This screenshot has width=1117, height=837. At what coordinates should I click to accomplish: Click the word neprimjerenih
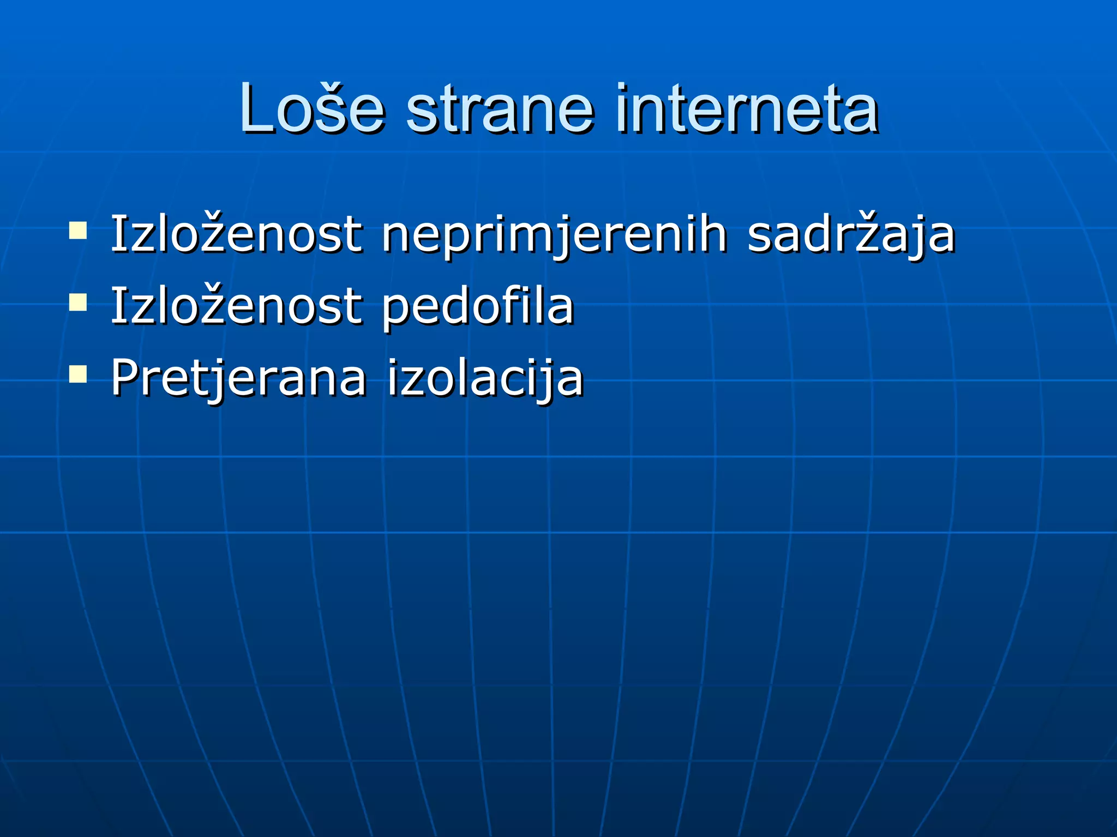[x=554, y=235]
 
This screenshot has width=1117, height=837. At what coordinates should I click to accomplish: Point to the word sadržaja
[x=851, y=235]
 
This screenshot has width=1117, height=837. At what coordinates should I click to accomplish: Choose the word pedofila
[x=478, y=306]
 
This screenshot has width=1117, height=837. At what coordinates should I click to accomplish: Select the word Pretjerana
[x=238, y=378]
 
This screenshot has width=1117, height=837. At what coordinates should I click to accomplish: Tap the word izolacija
[x=485, y=378]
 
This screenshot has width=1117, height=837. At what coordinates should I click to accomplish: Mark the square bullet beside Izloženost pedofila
[x=78, y=302]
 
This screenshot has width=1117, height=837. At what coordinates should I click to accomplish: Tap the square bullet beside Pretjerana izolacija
[x=78, y=374]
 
